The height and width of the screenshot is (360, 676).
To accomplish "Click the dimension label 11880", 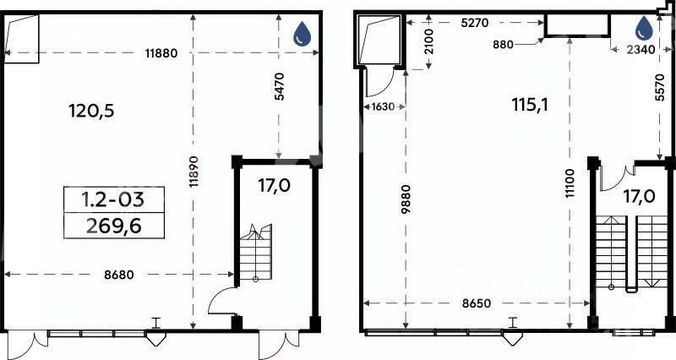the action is [x=161, y=53].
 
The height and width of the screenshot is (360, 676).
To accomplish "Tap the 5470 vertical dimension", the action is [x=280, y=87].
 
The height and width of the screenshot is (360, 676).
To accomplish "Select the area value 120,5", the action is [x=91, y=112].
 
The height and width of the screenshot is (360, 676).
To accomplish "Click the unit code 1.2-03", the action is [x=113, y=199].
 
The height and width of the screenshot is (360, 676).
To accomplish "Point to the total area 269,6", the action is [x=114, y=226].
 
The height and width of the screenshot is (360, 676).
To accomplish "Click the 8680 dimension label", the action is [x=119, y=275].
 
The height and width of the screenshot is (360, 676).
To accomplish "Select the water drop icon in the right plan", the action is [x=645, y=29].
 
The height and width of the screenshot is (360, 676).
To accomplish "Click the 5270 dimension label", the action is [x=475, y=23].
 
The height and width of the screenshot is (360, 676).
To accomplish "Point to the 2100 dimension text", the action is [x=429, y=41].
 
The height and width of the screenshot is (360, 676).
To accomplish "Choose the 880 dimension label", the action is [x=502, y=44].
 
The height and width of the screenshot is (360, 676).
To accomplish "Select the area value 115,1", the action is [x=530, y=105].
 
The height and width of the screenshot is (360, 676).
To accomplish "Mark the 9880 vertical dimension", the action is [x=406, y=199].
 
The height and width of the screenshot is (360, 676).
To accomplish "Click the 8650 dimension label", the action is [x=477, y=303].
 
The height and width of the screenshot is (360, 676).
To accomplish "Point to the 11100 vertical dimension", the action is [x=570, y=183].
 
